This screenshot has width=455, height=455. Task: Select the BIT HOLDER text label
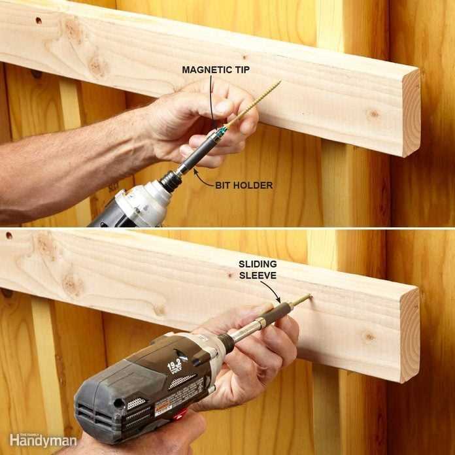[x=244, y=185]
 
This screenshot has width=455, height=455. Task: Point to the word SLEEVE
[x=257, y=275]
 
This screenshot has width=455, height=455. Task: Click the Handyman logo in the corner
[x=43, y=440]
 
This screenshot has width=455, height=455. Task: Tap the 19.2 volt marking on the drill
[x=175, y=366]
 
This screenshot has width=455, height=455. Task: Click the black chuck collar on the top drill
[x=171, y=180]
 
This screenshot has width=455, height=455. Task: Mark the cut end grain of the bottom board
[x=410, y=333]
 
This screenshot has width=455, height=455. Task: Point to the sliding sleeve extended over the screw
[x=285, y=309]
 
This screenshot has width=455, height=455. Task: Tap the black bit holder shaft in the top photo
[x=199, y=155]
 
